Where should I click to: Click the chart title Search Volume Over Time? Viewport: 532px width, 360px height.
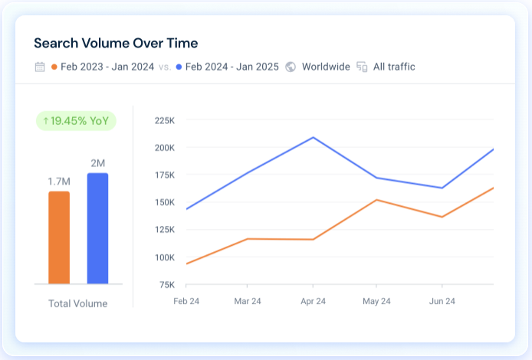click(116, 43)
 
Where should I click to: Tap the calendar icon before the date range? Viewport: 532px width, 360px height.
click(40, 67)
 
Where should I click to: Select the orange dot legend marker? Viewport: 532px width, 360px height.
click(54, 67)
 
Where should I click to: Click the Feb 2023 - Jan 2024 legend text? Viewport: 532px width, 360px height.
click(107, 67)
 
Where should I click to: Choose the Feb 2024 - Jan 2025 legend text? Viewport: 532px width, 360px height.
click(233, 67)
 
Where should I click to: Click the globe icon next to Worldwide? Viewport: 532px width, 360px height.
click(291, 67)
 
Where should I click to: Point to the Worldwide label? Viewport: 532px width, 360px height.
click(325, 67)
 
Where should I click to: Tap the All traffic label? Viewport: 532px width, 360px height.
click(394, 67)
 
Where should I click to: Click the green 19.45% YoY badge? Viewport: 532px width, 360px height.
click(76, 121)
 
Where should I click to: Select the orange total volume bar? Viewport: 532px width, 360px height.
click(59, 237)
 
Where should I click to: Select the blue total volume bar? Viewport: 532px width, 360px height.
click(97, 228)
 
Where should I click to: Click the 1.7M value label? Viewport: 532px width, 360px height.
click(59, 181)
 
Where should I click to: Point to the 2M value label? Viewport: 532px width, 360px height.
click(97, 162)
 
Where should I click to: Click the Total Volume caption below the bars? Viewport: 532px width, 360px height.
click(78, 303)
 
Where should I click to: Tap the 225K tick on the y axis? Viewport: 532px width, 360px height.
click(165, 120)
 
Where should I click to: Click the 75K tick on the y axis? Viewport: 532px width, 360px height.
click(166, 284)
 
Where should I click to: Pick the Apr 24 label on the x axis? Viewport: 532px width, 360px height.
click(313, 301)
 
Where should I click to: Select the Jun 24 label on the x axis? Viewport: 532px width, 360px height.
click(442, 301)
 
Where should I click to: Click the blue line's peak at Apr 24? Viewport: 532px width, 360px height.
click(313, 137)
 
